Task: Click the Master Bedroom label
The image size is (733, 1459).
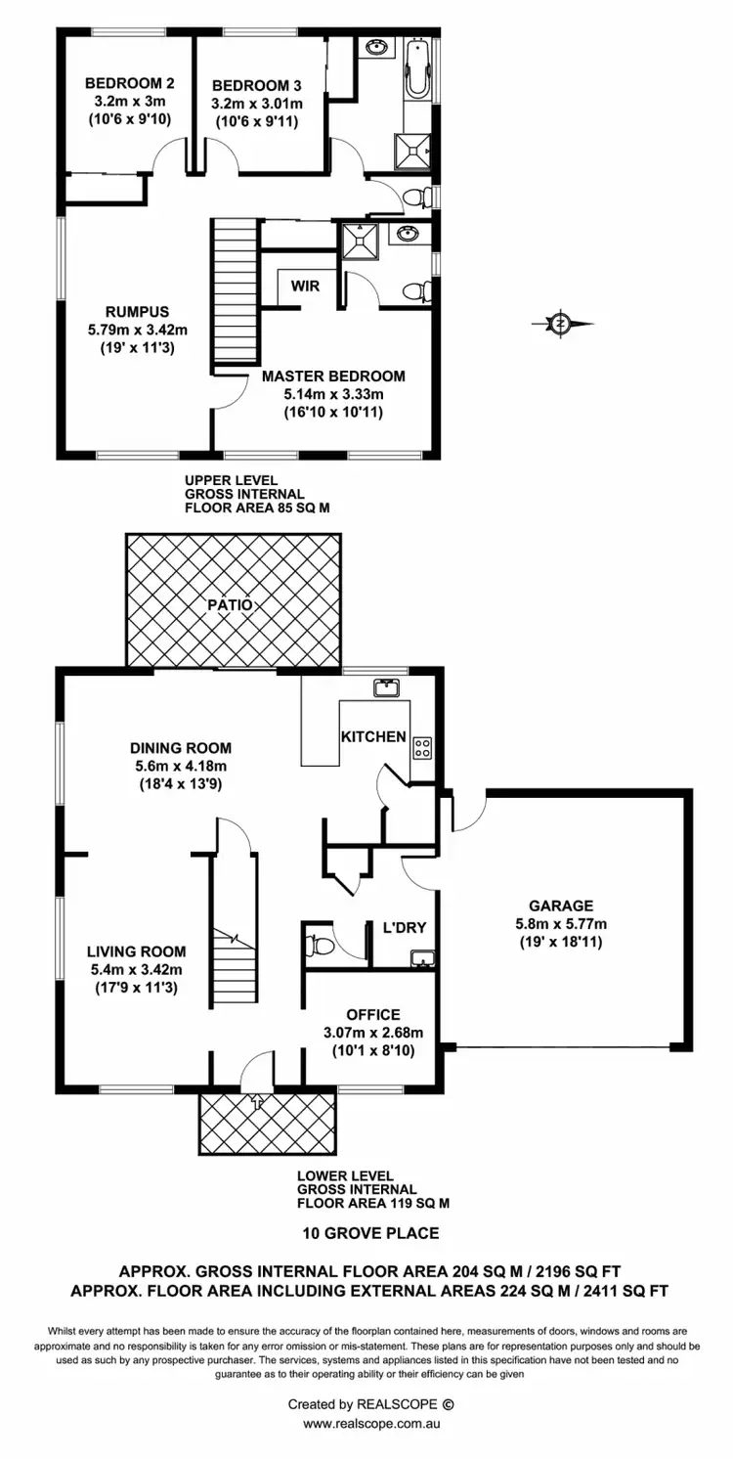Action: [332, 376]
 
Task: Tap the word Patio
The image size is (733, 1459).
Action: [230, 605]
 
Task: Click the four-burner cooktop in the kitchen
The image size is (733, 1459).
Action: [423, 747]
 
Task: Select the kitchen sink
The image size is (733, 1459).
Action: [384, 687]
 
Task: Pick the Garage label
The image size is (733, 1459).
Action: [562, 906]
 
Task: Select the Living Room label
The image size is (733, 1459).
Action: [136, 951]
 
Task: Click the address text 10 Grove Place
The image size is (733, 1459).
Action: [369, 1233]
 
